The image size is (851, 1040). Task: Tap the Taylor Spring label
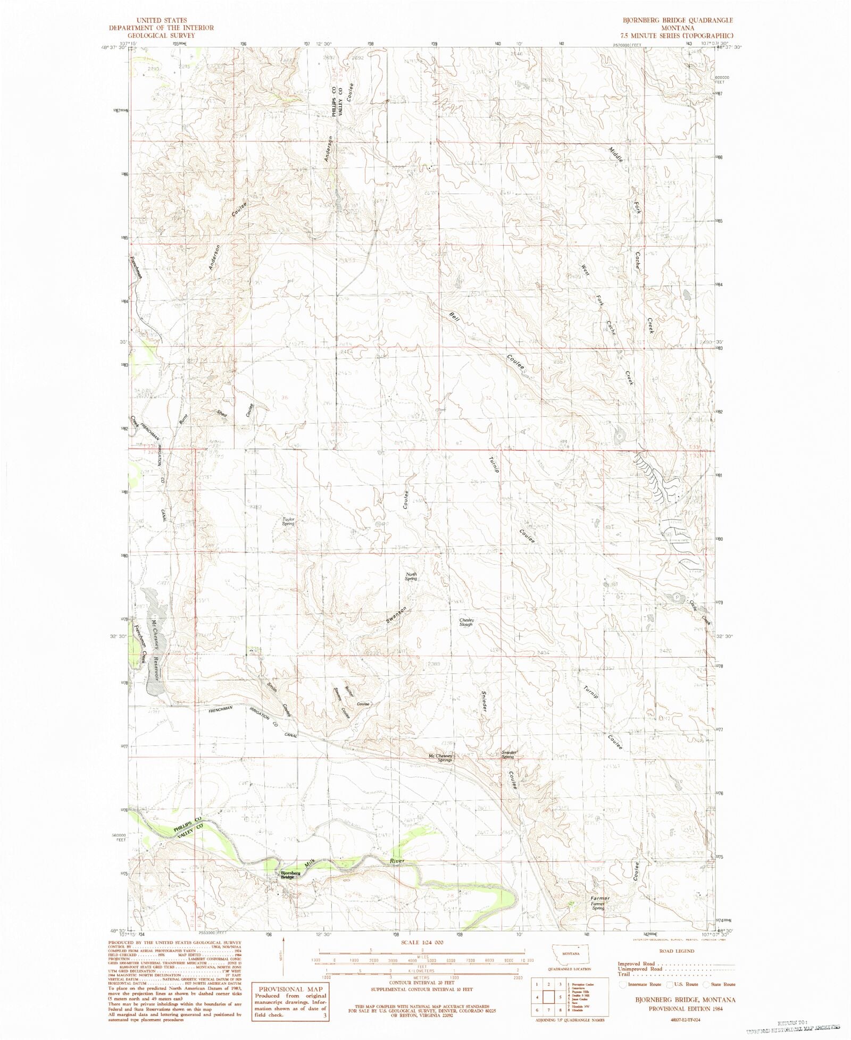(x=288, y=521)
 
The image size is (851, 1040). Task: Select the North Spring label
(x=411, y=576)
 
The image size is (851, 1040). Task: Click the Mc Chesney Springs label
(x=440, y=758)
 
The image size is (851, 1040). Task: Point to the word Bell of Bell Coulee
(x=454, y=318)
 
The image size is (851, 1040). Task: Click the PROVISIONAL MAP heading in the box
(x=289, y=989)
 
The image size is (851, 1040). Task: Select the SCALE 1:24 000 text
(x=421, y=942)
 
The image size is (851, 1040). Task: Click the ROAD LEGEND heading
(x=677, y=951)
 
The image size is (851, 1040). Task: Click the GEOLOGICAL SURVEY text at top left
(x=161, y=35)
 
